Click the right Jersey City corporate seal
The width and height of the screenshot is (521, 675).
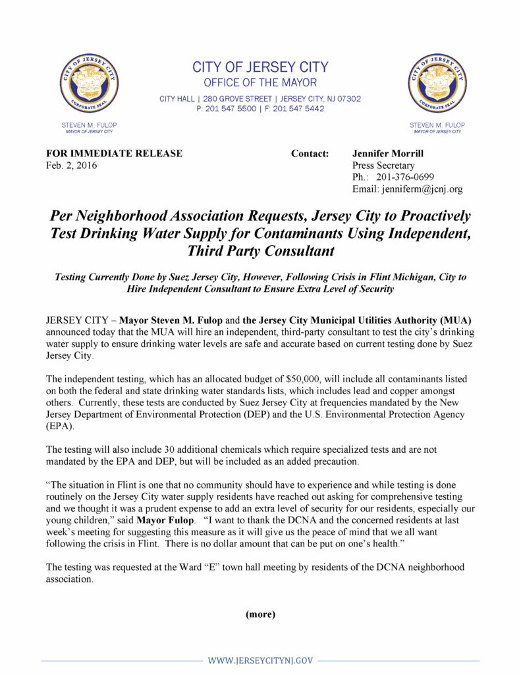pos(437,84)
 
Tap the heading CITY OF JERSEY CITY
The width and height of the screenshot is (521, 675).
pos(260,67)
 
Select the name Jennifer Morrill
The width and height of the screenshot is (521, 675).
pos(389,154)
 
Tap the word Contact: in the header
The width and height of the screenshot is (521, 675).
pos(310,154)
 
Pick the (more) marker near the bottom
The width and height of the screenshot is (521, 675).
pos(260,614)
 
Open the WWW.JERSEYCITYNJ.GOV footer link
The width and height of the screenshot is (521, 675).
pos(260,660)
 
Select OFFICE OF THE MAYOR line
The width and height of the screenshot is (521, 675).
pos(260,83)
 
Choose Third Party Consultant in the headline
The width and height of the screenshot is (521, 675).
pos(261,250)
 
